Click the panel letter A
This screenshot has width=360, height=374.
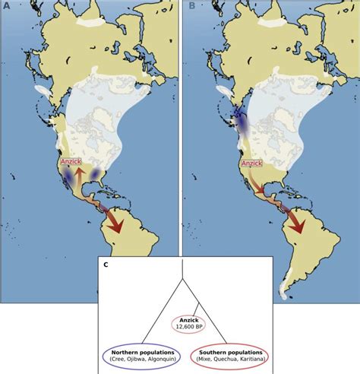point(7,6)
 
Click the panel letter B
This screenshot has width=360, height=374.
point(192,6)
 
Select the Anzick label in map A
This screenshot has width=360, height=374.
point(70,162)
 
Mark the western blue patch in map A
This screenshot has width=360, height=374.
point(68,177)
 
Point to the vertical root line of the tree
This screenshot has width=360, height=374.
point(183,269)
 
